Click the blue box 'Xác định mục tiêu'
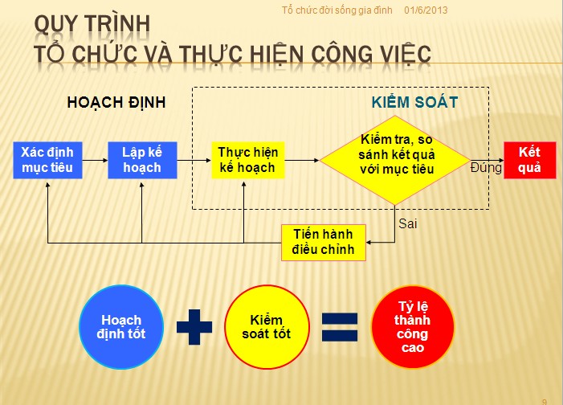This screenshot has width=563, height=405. click(x=47, y=160)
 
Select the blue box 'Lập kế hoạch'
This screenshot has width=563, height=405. click(x=142, y=160)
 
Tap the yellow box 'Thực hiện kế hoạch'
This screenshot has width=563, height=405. click(x=247, y=160)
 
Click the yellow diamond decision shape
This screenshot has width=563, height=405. click(x=395, y=160)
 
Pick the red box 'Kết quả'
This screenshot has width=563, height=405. click(x=530, y=160)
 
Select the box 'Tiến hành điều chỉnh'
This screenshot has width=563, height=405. click(x=324, y=243)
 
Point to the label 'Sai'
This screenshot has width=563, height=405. click(x=408, y=224)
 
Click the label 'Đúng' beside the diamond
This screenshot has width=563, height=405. click(x=486, y=168)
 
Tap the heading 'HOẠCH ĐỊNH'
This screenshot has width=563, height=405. click(x=116, y=103)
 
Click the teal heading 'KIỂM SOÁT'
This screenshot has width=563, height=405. click(x=414, y=102)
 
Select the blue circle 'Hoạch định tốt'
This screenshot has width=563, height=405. click(x=121, y=327)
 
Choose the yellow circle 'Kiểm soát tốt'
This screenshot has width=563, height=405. click(x=267, y=327)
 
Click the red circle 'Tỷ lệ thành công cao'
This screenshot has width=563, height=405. click(x=413, y=327)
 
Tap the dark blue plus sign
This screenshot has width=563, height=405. click(x=194, y=327)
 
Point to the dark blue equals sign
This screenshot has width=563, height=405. click(x=340, y=327)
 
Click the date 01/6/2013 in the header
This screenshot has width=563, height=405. click(x=426, y=10)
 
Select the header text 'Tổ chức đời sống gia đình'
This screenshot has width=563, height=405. click(x=337, y=10)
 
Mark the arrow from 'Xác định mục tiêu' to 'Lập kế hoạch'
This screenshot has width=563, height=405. click(x=95, y=160)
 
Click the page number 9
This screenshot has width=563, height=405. click(x=545, y=402)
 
